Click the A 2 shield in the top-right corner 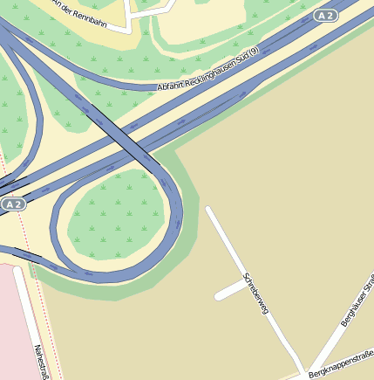(x=325, y=16)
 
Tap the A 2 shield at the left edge (x=12, y=204)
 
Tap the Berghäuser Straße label (x=357, y=301)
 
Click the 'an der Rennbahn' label (x=84, y=13)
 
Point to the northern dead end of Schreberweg (x=208, y=210)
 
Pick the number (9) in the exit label (x=254, y=53)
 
